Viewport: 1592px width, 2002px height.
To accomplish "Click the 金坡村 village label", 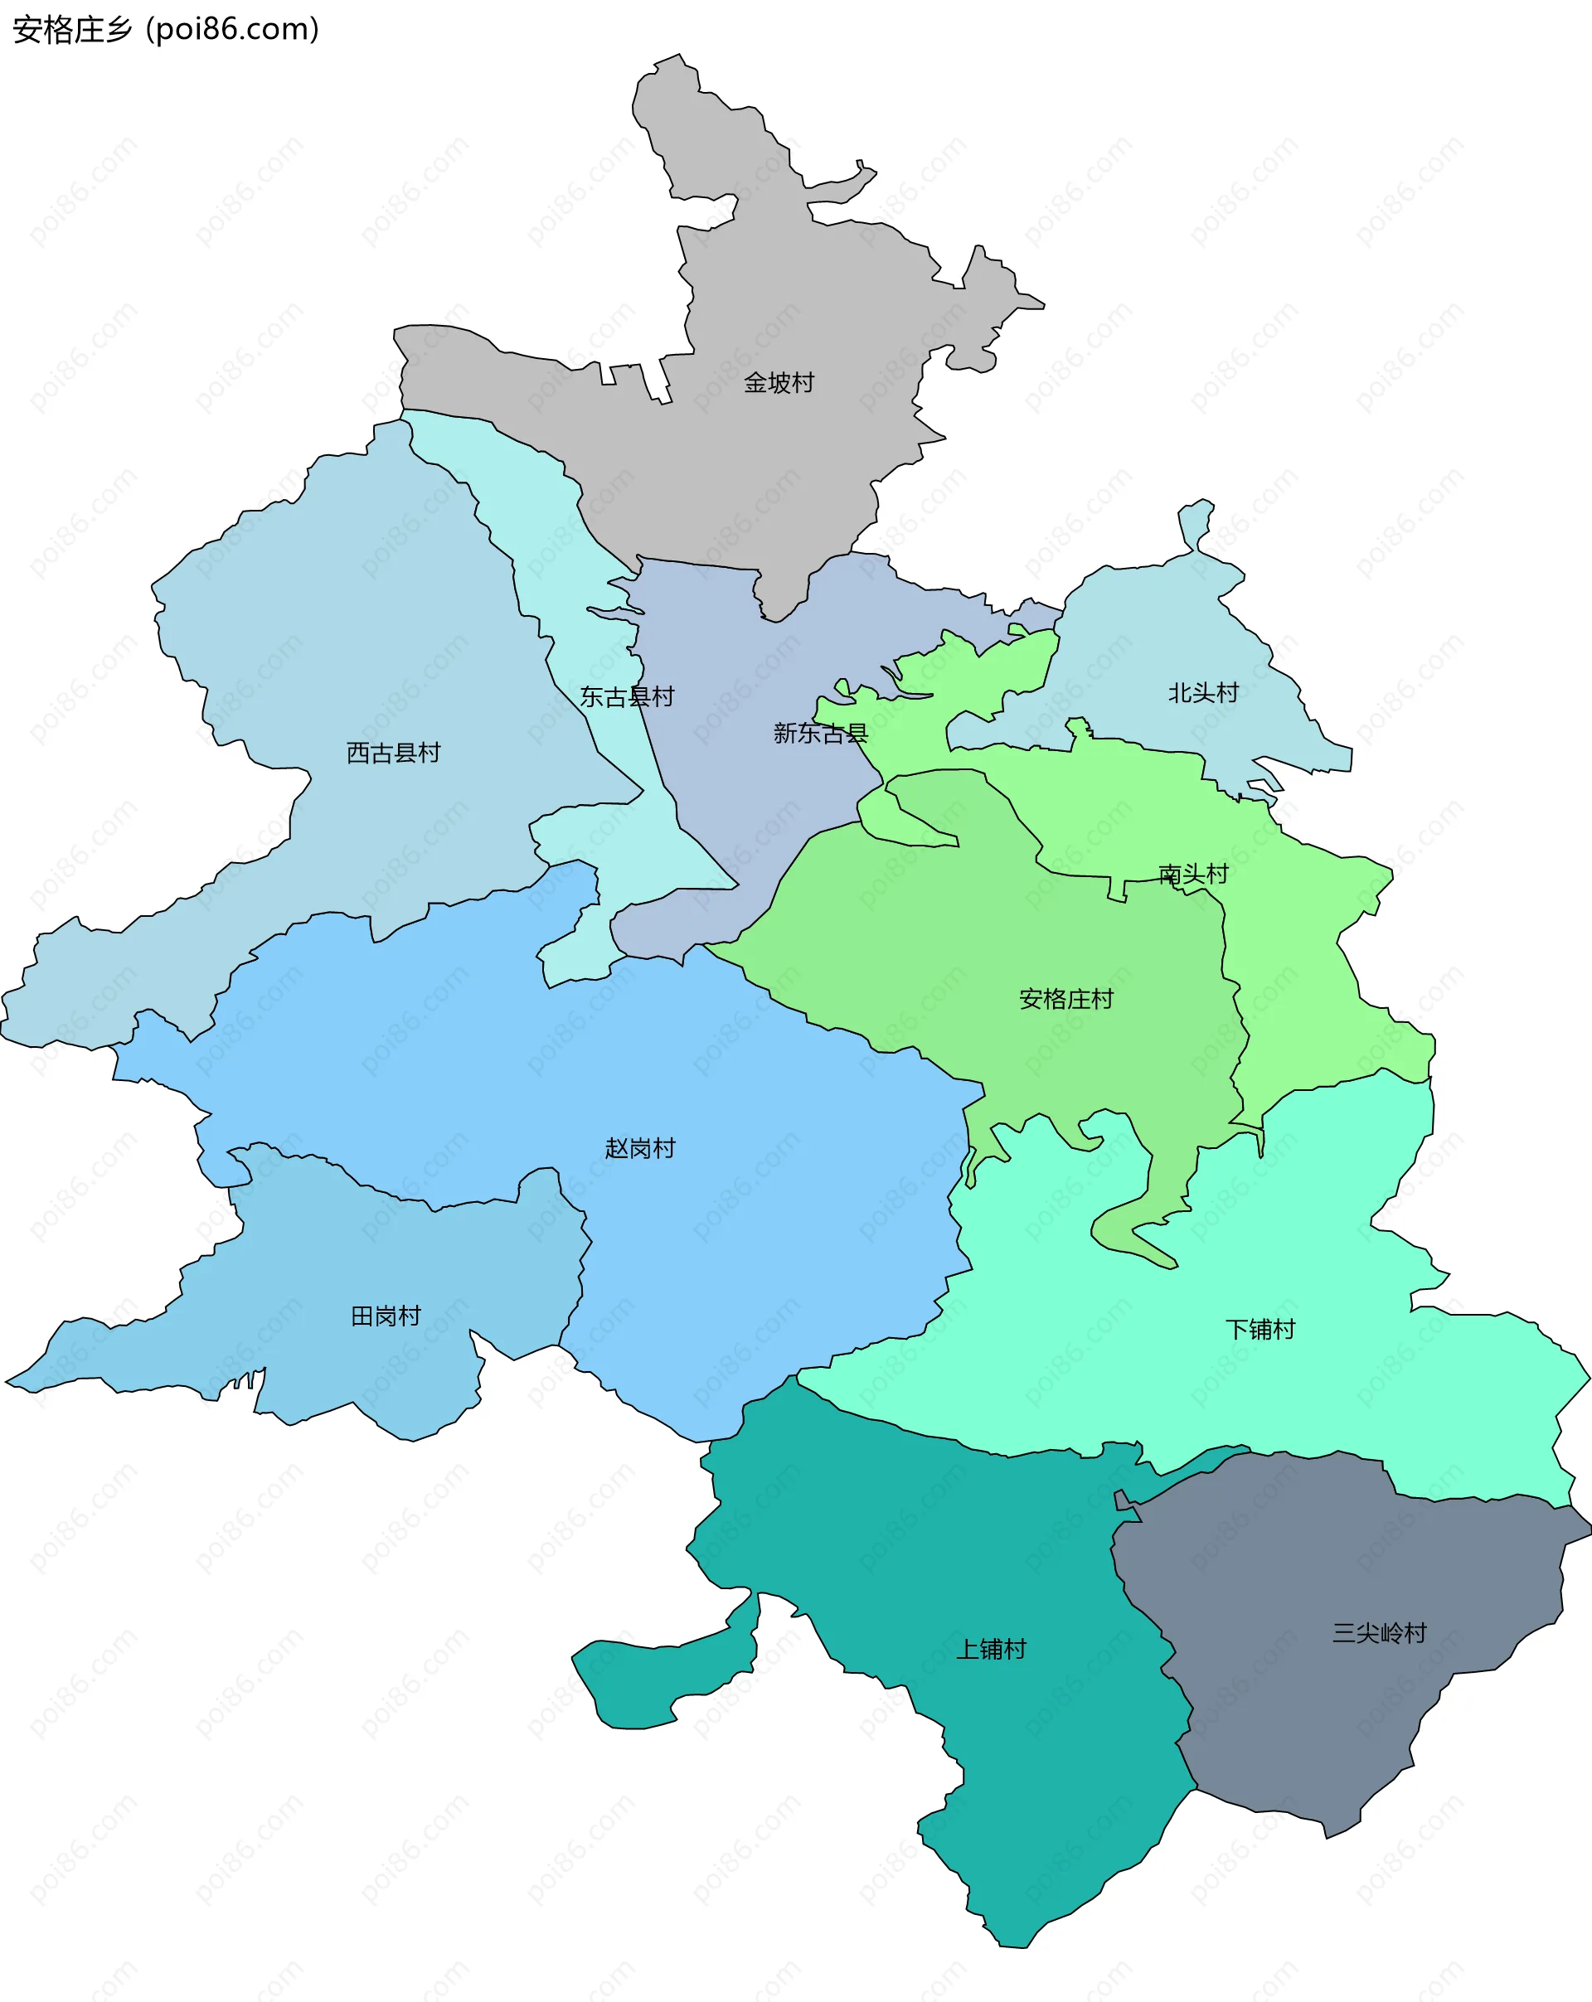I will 779,382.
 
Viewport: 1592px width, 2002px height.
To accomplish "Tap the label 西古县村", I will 393,752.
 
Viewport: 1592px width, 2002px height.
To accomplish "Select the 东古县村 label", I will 627,696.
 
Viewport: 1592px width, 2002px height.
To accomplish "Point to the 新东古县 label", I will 820,734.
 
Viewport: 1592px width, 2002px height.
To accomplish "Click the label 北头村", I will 1203,693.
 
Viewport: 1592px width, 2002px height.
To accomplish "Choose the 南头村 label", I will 1193,874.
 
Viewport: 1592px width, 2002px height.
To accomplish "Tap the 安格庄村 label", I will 1065,999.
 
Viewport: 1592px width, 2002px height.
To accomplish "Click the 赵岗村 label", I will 640,1149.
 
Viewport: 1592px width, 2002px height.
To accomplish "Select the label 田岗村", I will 386,1316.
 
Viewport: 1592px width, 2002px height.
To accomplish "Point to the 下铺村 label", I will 1260,1329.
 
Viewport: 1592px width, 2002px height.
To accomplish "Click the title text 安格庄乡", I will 72,30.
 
